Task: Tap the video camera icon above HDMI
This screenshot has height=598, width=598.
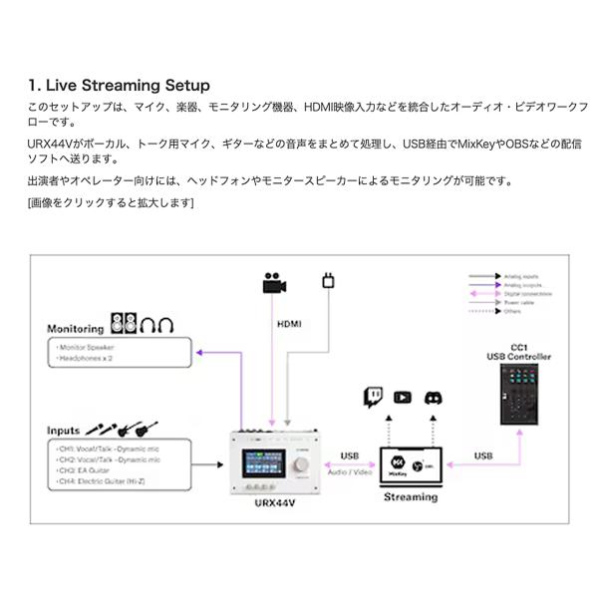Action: pyautogui.click(x=274, y=283)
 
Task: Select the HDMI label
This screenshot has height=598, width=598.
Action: pyautogui.click(x=288, y=324)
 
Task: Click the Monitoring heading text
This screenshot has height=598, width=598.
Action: pyautogui.click(x=76, y=328)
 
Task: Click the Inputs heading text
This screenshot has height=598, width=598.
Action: pyautogui.click(x=63, y=431)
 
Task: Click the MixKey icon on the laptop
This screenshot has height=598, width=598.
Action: pyautogui.click(x=396, y=463)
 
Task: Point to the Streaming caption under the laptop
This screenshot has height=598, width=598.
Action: pyautogui.click(x=410, y=496)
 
